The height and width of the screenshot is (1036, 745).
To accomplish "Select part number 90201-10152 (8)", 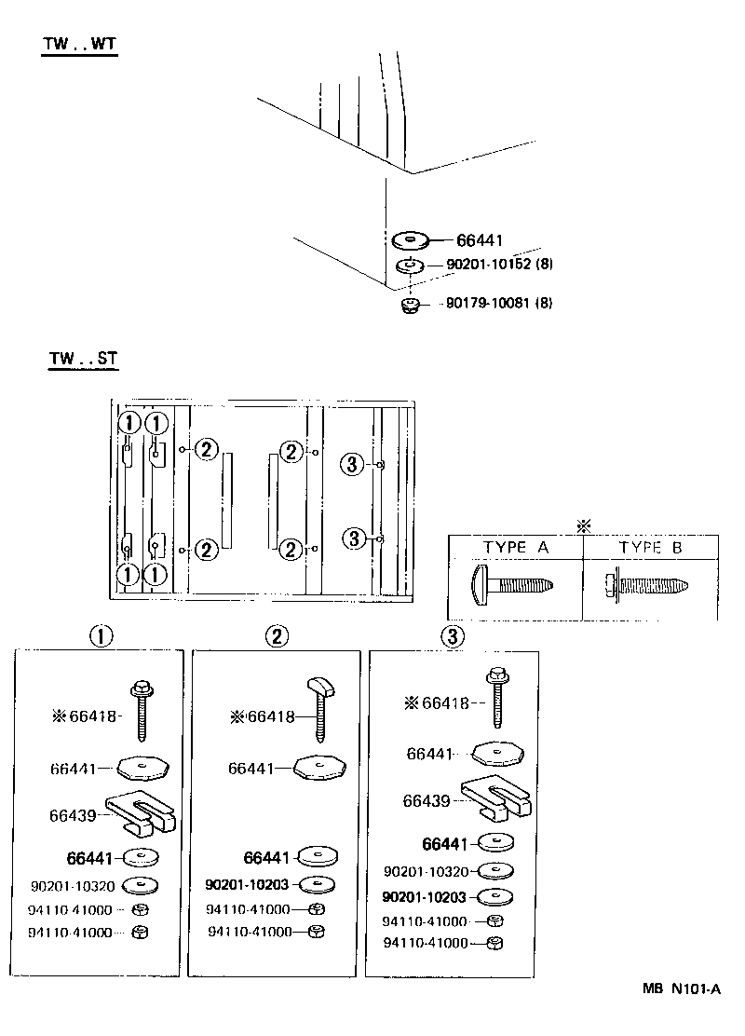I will (500, 265).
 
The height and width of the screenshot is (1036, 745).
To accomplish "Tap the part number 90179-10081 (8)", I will (498, 303).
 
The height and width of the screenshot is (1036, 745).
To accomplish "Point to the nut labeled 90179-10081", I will (408, 305).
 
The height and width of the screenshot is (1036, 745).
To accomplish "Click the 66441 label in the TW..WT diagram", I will (480, 240).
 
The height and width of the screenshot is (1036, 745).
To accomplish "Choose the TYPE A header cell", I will (515, 548).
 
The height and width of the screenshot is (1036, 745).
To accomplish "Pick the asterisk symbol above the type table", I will (584, 526).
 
